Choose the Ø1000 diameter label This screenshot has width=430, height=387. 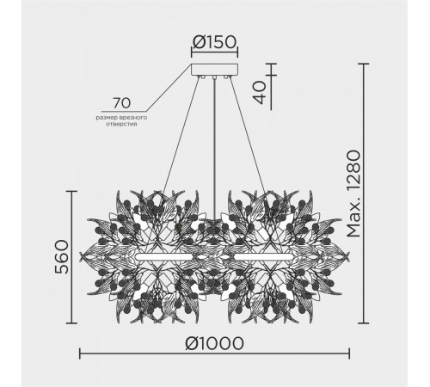[x=212, y=341]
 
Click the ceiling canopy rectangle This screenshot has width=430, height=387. [x=212, y=69]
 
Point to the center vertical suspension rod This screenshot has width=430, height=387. [x=212, y=146]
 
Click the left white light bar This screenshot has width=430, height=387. [x=163, y=256]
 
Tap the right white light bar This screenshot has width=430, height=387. [x=259, y=256]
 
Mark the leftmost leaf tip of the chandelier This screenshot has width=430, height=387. [x=81, y=255]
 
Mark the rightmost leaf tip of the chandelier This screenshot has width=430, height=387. [x=349, y=255]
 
